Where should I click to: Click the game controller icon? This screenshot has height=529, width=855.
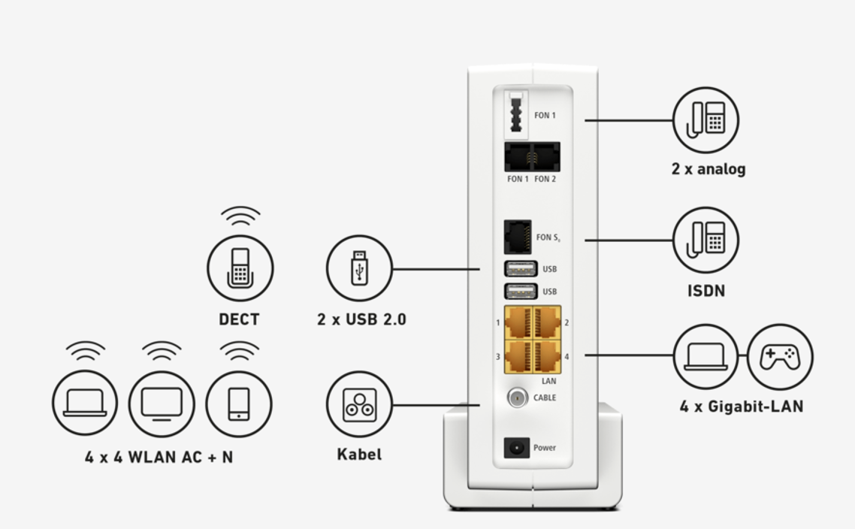point(780,356)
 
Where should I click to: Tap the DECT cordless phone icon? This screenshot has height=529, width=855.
point(240,268)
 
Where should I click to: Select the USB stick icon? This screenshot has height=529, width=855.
point(359,268)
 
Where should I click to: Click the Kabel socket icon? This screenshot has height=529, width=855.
point(359,404)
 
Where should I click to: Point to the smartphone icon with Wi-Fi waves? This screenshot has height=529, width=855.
point(239,404)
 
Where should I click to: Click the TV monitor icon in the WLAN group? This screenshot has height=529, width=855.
point(162,404)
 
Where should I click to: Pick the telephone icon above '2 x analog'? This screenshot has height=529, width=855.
point(705,119)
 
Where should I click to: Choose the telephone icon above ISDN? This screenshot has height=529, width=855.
point(705,240)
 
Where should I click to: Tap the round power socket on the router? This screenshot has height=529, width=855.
point(516,448)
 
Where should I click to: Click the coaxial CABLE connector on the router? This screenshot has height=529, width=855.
point(517,398)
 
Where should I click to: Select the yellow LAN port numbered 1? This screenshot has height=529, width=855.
point(518,322)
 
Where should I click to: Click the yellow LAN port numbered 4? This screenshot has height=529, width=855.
point(548,356)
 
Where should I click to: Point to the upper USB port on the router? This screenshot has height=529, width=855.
point(520,268)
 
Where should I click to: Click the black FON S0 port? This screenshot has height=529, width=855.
point(518,237)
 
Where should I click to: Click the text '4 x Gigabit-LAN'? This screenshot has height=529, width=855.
point(741,407)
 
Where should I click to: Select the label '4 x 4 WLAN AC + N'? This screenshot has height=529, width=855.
point(159,457)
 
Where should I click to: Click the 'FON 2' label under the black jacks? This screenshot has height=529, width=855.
point(545,179)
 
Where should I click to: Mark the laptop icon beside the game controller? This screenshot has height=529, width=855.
point(705,356)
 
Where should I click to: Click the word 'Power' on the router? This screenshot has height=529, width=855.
point(545,448)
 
